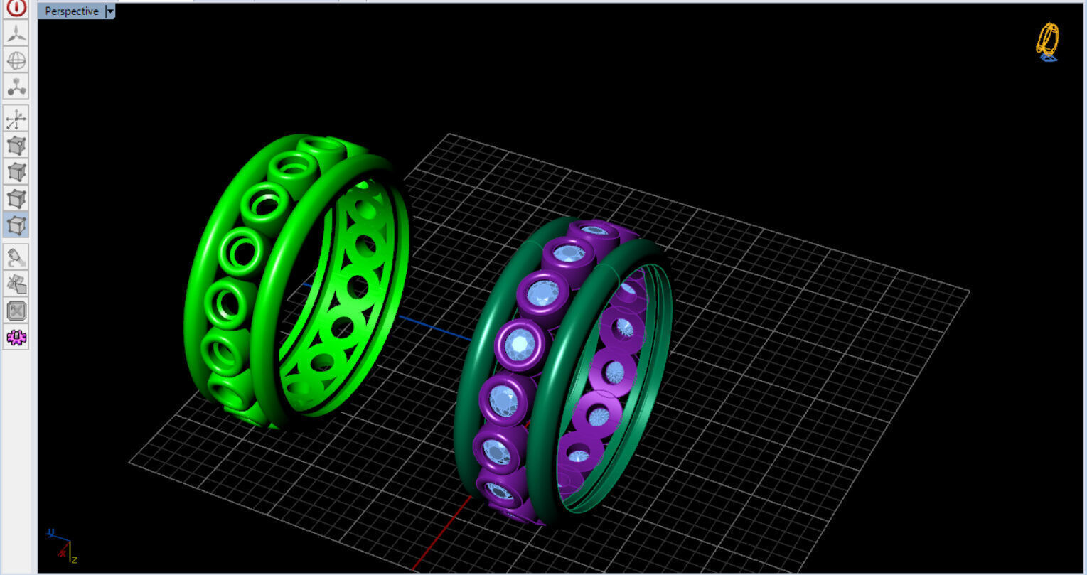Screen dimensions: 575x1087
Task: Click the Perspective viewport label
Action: [x=71, y=11]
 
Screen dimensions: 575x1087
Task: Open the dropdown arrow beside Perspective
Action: [x=110, y=11]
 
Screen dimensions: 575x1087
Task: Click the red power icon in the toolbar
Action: [x=16, y=8]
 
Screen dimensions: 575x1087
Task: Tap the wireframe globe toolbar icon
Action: [x=16, y=60]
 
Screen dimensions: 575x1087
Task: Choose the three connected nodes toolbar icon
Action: [x=16, y=87]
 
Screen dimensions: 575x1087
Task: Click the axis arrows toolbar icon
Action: [x=16, y=119]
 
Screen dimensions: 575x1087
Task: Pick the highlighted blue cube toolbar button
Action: [x=16, y=225]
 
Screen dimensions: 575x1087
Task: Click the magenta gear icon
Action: [x=16, y=337]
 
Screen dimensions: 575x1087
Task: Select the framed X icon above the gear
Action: [x=16, y=311]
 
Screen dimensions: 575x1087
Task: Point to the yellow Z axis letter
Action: [x=74, y=559]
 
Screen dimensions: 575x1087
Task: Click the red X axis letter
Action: [x=63, y=552]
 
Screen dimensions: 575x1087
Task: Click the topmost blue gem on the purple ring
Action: [x=594, y=230]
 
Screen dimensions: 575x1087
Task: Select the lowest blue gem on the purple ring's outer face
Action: [x=500, y=492]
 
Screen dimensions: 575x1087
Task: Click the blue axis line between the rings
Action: [x=427, y=324]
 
